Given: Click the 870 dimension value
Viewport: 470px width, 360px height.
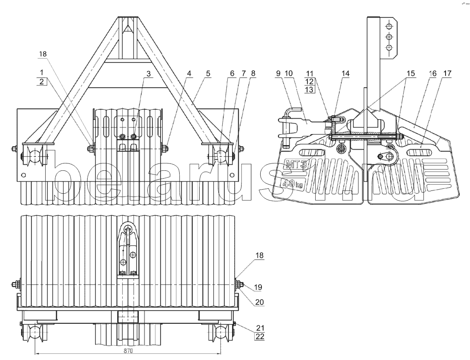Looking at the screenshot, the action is [x=128, y=351].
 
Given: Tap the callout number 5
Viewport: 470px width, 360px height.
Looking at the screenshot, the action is [x=208, y=73].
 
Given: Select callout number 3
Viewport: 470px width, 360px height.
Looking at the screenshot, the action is [x=148, y=73].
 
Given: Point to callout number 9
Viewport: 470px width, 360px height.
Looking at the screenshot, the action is [x=278, y=73].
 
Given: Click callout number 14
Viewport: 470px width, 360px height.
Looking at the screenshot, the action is [x=346, y=73].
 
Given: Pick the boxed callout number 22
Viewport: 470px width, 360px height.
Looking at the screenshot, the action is [x=259, y=337].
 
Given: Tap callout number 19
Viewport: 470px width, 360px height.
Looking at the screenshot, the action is [x=258, y=287].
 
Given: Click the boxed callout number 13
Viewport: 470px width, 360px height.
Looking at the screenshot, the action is [x=310, y=89].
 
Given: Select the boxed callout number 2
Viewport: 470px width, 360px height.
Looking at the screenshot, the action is [x=42, y=81].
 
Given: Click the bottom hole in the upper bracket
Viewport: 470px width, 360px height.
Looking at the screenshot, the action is [x=389, y=48].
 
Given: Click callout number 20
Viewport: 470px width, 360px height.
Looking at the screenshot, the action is [x=259, y=302].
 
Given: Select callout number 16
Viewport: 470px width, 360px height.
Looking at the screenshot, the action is [x=433, y=73].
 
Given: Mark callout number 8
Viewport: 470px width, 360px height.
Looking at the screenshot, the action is [x=253, y=73].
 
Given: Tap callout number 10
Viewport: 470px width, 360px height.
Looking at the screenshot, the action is [x=289, y=73].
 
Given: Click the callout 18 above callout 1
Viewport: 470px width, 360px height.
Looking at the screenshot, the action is [x=43, y=54].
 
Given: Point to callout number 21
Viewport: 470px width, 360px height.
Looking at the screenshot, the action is [x=259, y=328].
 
